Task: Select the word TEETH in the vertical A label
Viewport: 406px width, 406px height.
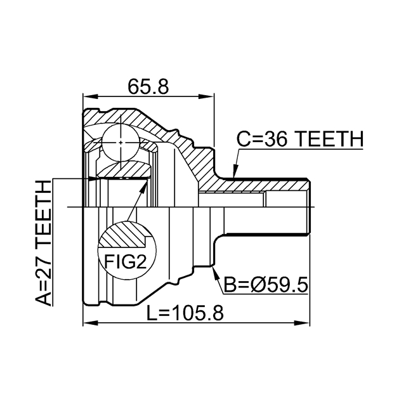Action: pos(44,214)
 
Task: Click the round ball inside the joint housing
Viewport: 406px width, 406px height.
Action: pos(121,140)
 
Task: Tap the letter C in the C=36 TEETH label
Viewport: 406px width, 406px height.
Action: pos(245,139)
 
